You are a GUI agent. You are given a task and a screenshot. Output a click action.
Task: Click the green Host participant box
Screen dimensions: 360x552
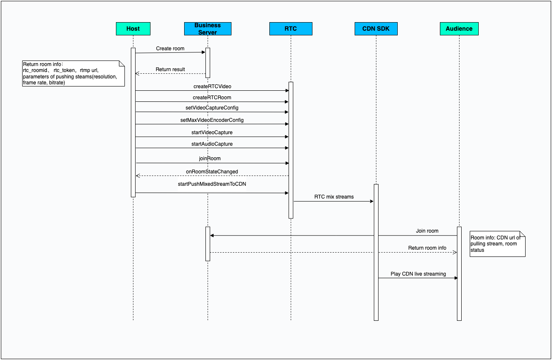point(133,29)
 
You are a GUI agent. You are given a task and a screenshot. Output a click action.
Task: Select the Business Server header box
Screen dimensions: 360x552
point(208,29)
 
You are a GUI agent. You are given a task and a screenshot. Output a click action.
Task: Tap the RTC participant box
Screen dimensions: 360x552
point(291,29)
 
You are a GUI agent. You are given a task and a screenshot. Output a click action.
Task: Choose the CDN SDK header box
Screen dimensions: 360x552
point(376,29)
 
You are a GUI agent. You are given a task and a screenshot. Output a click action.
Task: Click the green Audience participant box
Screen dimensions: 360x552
point(459,29)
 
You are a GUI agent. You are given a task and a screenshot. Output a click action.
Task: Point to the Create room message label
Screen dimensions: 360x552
point(170,49)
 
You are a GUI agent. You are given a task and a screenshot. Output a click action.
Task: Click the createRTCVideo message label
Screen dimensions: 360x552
point(212,86)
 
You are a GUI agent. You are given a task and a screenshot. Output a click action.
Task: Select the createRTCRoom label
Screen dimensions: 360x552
point(212,98)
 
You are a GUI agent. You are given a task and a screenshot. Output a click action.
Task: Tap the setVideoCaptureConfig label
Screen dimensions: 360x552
point(212,108)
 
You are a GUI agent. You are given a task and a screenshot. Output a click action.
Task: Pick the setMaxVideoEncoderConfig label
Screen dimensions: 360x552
point(212,120)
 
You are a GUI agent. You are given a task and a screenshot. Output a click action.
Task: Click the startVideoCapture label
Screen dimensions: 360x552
point(212,132)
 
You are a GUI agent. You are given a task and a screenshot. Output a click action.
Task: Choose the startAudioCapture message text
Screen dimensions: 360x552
point(212,144)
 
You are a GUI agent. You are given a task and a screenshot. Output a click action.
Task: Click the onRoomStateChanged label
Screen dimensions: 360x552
point(212,172)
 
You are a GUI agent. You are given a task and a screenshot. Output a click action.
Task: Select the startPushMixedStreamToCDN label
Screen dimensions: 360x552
point(212,184)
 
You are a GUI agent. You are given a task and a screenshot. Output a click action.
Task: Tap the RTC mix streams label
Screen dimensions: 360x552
point(334,197)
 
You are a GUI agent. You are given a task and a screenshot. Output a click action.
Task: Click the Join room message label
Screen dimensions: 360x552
point(427,231)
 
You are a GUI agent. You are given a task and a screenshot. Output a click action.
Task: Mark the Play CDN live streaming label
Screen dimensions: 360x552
point(418,274)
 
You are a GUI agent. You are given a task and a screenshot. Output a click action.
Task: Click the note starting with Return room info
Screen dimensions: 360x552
point(73,74)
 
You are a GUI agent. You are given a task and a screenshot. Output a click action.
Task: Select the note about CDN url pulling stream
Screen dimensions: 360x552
point(497,244)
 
